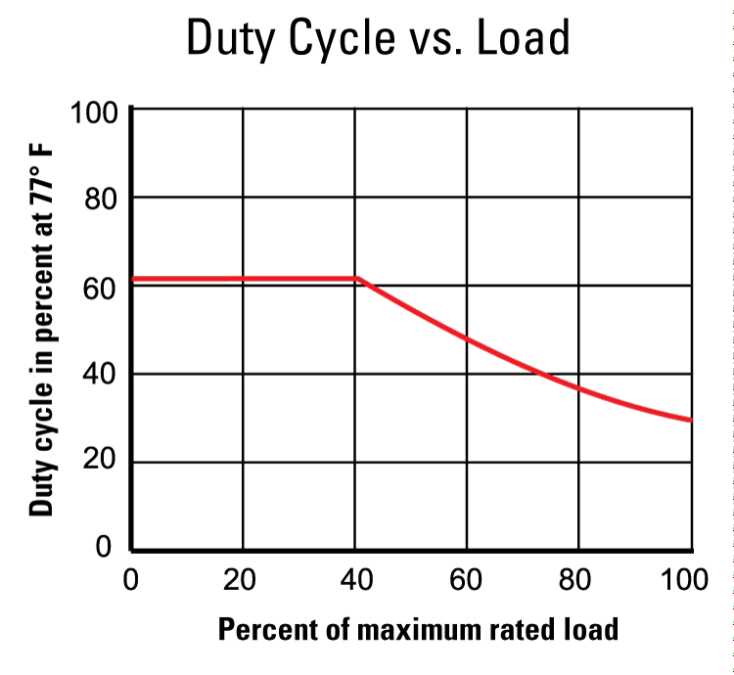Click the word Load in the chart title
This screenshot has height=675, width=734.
point(523,39)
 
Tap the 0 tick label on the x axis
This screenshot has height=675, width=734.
point(131,580)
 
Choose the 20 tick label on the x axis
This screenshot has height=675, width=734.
point(241,580)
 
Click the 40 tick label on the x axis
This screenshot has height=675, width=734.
point(354,580)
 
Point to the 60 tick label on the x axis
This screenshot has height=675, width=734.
point(466,580)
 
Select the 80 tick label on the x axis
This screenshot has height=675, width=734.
point(577,580)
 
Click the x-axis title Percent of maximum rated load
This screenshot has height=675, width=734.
point(418,628)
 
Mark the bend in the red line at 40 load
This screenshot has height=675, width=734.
point(356,279)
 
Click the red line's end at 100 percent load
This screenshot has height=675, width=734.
point(691,420)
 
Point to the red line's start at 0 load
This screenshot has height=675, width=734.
point(134,279)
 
